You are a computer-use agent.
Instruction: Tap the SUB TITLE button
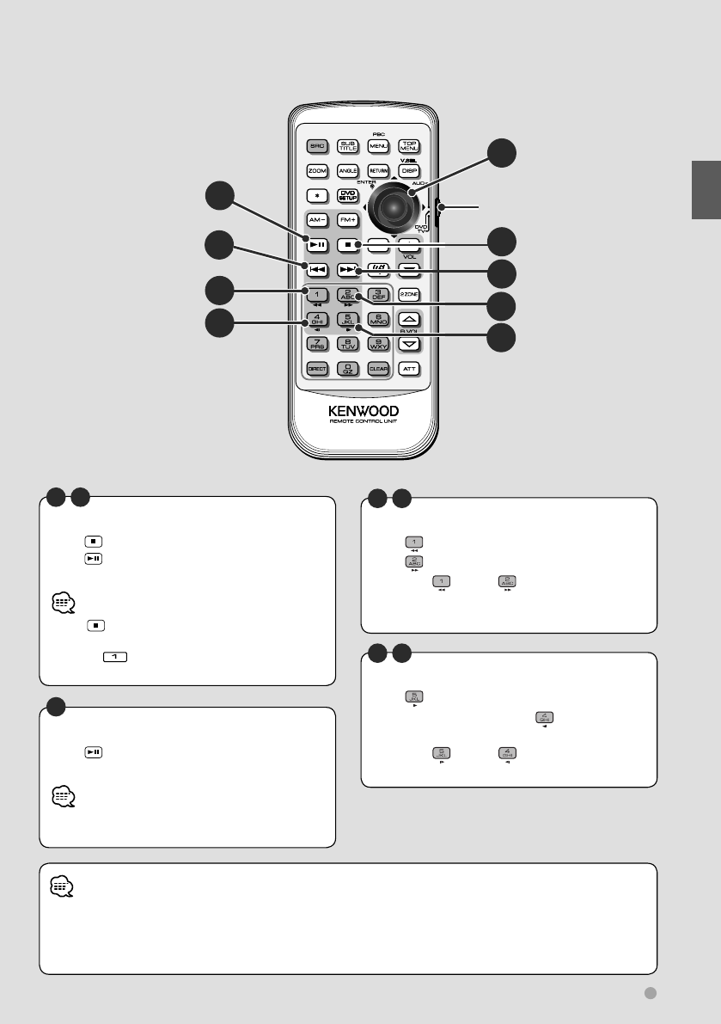click(x=347, y=146)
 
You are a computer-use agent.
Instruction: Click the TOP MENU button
click(x=409, y=146)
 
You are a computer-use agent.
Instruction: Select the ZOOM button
click(x=316, y=171)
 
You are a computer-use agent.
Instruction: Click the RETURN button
click(x=378, y=171)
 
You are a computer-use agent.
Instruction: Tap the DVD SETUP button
click(x=347, y=195)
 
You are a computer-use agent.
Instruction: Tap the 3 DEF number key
click(x=378, y=294)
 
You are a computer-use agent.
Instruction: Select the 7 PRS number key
click(x=316, y=344)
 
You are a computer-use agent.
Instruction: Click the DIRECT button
click(x=316, y=368)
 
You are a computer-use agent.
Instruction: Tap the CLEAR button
click(x=378, y=368)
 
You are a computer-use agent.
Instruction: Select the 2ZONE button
click(x=409, y=294)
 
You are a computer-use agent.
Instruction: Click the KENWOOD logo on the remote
click(x=363, y=410)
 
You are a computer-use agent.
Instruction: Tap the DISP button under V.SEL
click(x=409, y=171)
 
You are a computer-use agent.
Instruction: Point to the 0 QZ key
click(x=347, y=368)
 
